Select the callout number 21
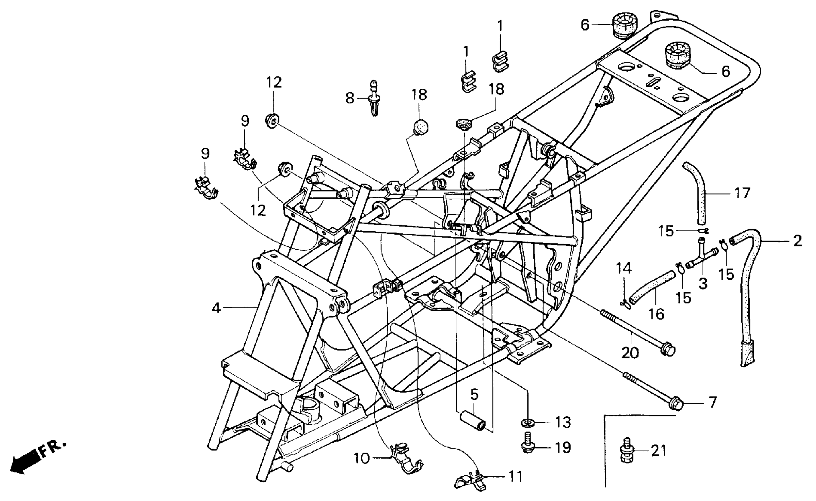(659, 451)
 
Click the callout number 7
(712, 402)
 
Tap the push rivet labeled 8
(374, 98)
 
